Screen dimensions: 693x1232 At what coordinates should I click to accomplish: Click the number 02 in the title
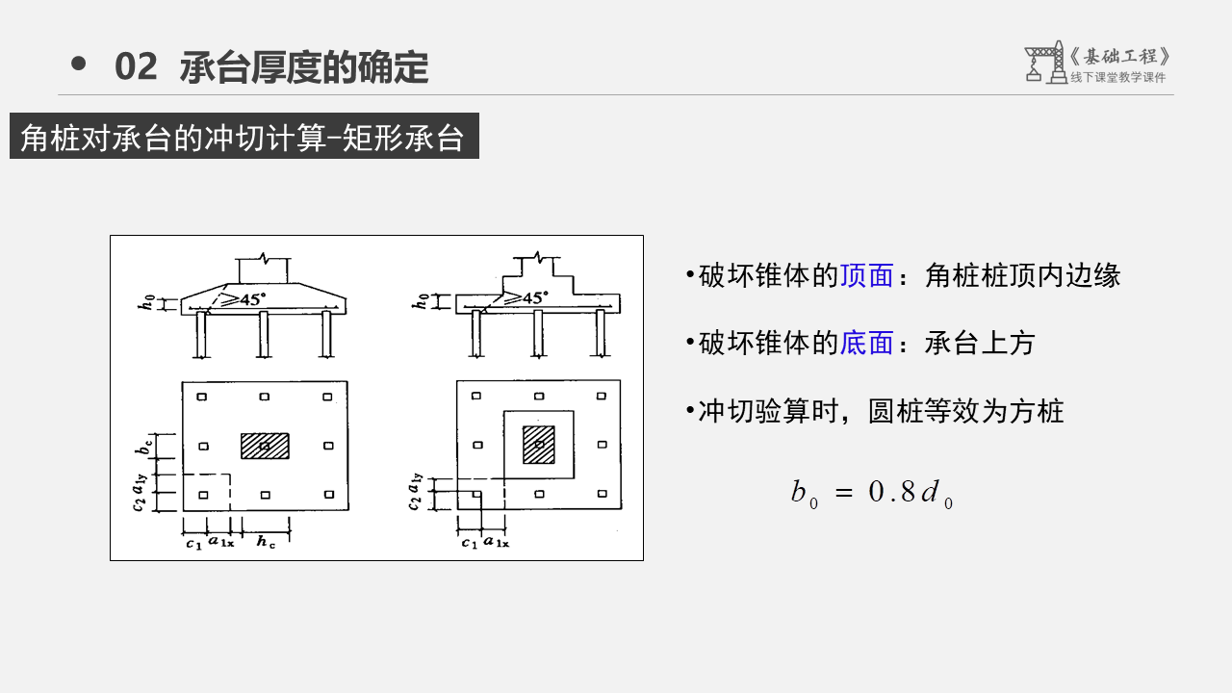(x=135, y=67)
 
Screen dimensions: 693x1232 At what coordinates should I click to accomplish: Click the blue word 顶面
(x=866, y=276)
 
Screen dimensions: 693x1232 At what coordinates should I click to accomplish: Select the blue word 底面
(x=866, y=344)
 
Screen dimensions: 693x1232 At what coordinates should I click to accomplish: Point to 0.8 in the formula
(x=892, y=493)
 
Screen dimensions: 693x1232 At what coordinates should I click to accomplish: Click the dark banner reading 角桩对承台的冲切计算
(x=244, y=138)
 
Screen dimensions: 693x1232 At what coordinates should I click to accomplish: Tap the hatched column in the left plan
(x=265, y=446)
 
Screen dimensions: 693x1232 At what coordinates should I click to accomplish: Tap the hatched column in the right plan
(x=539, y=445)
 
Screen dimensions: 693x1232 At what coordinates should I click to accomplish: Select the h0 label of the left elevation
(x=147, y=303)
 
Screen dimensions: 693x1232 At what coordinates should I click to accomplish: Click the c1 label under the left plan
(x=193, y=544)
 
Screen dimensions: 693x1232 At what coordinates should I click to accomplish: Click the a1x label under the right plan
(x=497, y=543)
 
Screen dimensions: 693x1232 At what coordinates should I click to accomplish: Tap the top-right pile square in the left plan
(x=327, y=397)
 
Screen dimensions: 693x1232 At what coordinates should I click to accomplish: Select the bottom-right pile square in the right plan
(x=602, y=495)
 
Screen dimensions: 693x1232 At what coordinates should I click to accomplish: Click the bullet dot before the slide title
(x=79, y=64)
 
